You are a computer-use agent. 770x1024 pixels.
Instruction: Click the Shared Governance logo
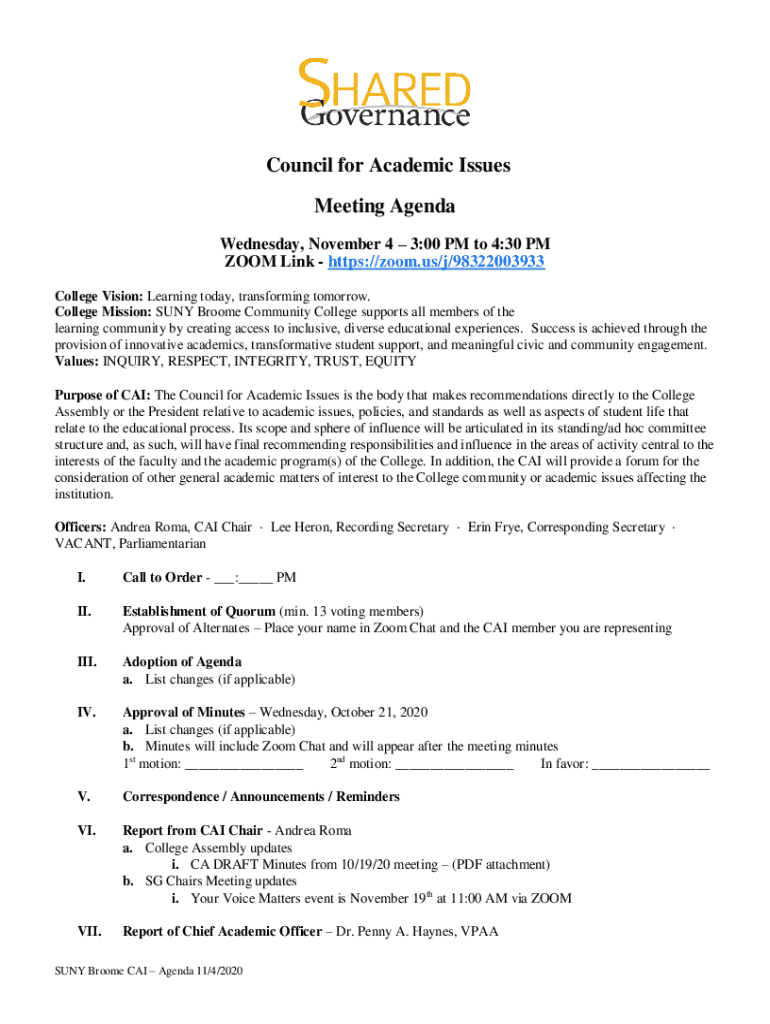(x=385, y=93)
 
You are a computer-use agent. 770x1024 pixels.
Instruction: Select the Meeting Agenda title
(x=385, y=207)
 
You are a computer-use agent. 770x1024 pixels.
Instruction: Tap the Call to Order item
(x=161, y=578)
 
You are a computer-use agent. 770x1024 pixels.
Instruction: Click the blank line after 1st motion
(x=244, y=765)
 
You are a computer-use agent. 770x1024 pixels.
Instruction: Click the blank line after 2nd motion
(x=454, y=765)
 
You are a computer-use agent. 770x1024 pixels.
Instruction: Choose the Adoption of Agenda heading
(x=181, y=662)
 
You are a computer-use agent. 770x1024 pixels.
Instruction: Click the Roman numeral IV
(x=86, y=713)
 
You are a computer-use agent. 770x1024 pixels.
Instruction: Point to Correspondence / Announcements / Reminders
(x=261, y=797)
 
